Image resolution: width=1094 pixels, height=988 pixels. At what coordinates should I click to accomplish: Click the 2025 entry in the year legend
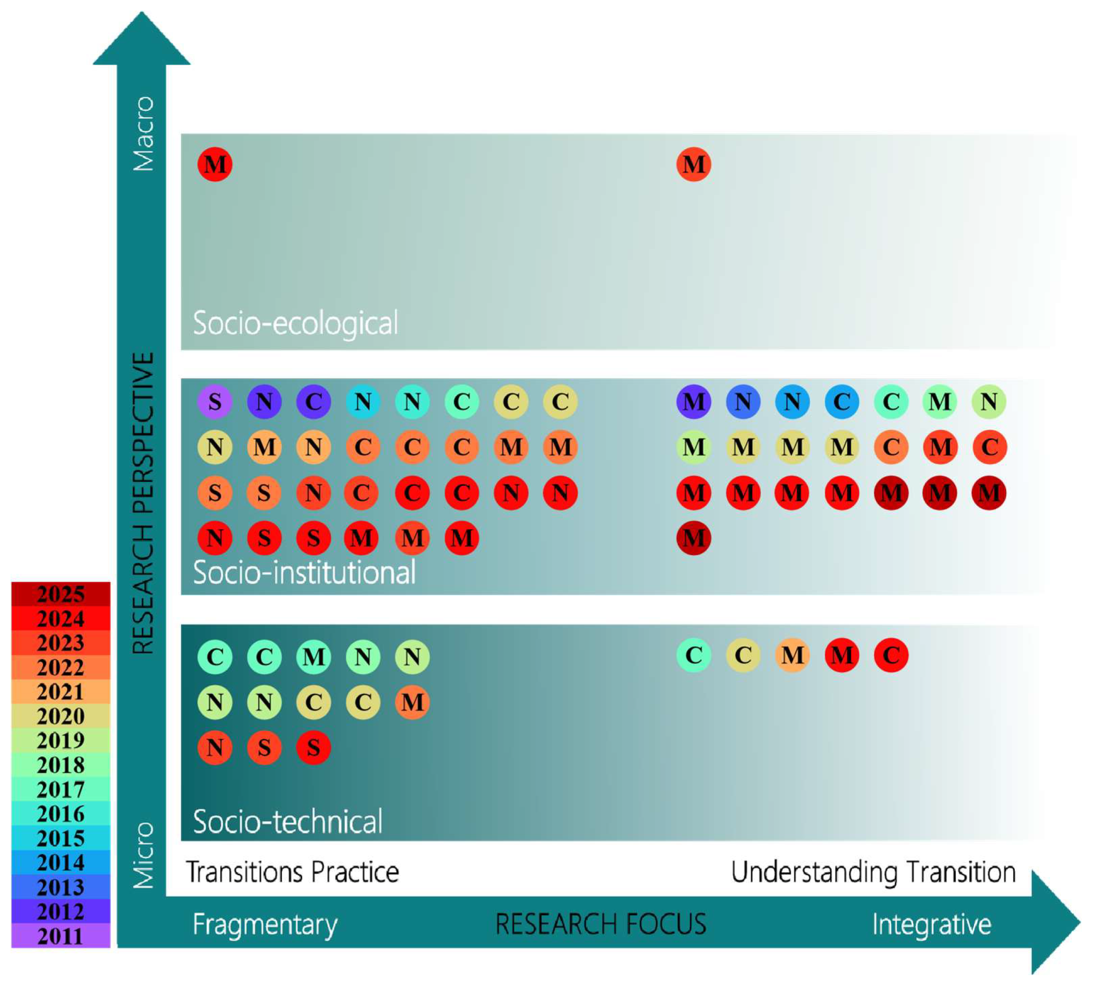[x=61, y=595]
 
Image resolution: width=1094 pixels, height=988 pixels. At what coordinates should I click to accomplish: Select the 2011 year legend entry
[x=61, y=936]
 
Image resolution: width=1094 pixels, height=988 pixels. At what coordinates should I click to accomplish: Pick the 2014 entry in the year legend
[x=61, y=863]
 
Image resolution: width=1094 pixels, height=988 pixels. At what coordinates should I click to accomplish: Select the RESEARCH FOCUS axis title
[x=601, y=924]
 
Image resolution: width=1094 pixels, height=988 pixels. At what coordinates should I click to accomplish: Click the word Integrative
[x=932, y=924]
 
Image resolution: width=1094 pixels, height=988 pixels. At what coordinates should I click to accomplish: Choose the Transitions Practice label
[x=292, y=872]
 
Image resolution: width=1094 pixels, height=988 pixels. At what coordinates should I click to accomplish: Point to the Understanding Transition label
[x=873, y=872]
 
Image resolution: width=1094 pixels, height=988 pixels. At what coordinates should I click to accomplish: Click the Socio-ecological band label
[x=296, y=323]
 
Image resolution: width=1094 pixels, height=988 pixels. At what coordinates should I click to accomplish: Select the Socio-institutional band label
[x=304, y=573]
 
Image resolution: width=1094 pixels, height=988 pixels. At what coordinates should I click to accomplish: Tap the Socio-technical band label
[x=288, y=821]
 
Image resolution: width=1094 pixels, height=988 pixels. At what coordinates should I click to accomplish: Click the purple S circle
[x=215, y=402]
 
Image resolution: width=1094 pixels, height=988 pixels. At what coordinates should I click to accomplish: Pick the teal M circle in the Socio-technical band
[x=314, y=657]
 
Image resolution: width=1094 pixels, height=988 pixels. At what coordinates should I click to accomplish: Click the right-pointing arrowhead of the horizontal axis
[x=1055, y=923]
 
